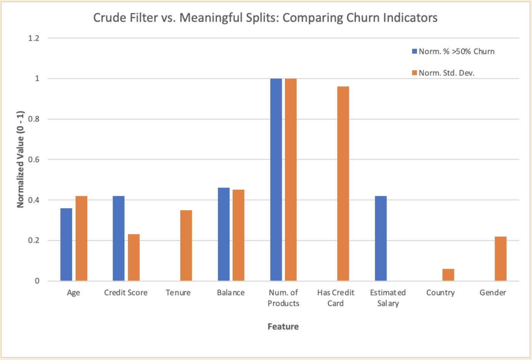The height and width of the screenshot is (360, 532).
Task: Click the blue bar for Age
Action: point(66,244)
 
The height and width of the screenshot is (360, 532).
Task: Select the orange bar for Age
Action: point(81,238)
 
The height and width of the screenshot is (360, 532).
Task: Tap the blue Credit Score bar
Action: point(118,238)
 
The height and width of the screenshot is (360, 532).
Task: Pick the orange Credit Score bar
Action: point(134,257)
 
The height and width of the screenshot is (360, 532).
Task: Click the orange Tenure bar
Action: point(186,245)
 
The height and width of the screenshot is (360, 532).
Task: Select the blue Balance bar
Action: point(223,234)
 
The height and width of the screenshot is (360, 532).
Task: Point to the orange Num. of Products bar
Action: point(291,180)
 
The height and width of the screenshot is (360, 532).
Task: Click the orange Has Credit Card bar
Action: point(343,183)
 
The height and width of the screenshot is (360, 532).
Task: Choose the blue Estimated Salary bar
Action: point(381,238)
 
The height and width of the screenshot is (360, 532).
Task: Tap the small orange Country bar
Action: point(448,275)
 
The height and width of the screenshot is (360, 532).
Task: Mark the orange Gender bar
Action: point(500,259)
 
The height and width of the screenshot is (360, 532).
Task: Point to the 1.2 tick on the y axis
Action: point(33,38)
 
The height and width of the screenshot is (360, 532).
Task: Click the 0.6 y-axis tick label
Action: point(33,159)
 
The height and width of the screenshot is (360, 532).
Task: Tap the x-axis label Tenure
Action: point(178,293)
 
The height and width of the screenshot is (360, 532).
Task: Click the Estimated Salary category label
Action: point(388,298)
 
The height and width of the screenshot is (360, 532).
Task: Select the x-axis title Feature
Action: point(283,327)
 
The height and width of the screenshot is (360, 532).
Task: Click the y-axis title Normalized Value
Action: point(20,159)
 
